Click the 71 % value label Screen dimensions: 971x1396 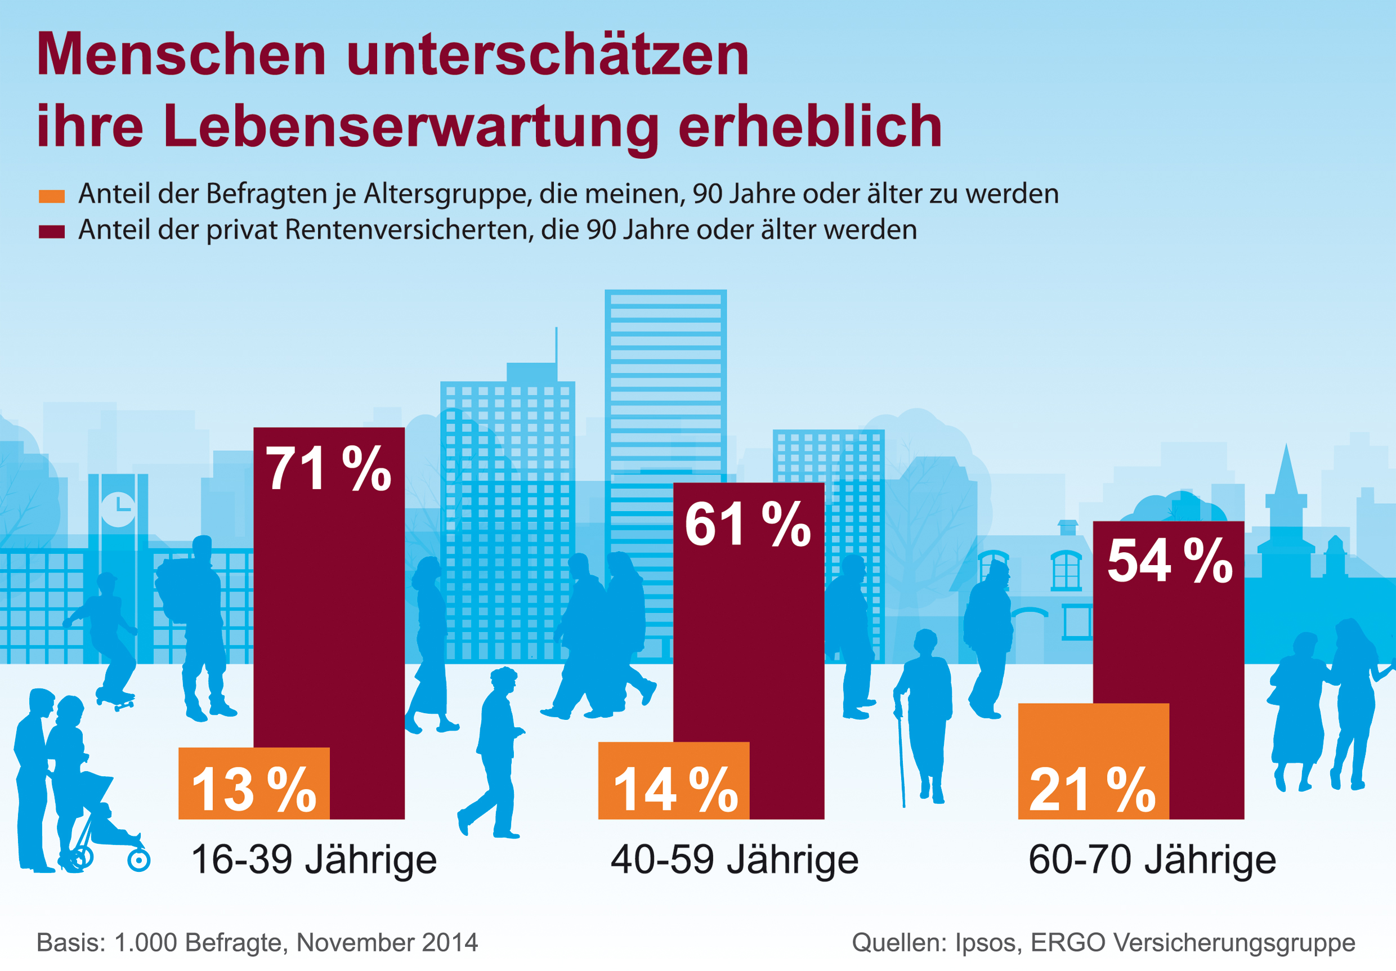click(x=328, y=468)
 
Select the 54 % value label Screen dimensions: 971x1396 click(x=1169, y=561)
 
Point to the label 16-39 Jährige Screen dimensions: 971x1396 click(x=314, y=860)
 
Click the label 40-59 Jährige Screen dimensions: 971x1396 click(x=734, y=860)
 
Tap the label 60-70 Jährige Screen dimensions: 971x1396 click(x=1152, y=860)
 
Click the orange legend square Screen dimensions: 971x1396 click(x=52, y=196)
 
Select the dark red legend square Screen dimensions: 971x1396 click(x=52, y=232)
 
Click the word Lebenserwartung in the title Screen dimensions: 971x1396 click(x=410, y=126)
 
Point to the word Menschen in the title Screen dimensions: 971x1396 click(x=181, y=55)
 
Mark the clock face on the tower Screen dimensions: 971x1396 click(x=118, y=509)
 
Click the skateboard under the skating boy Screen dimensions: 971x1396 click(x=115, y=703)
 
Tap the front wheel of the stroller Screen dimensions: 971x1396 click(x=138, y=860)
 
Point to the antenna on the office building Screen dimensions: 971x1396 click(x=556, y=344)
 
